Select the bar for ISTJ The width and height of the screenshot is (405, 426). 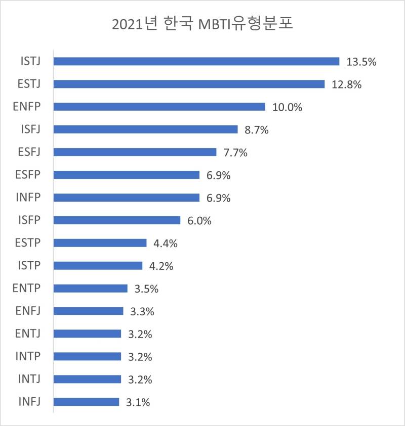(x=196, y=61)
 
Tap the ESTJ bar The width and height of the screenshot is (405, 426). (x=189, y=84)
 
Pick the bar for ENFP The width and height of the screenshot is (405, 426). (x=159, y=107)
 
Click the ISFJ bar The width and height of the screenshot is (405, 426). (x=145, y=129)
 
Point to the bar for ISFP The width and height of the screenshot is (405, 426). (x=116, y=220)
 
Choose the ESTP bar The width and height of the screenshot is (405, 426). (x=100, y=243)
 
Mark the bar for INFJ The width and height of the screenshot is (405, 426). (x=86, y=402)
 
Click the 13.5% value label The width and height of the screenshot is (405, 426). (x=361, y=62)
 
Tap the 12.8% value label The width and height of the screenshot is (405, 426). (x=347, y=84)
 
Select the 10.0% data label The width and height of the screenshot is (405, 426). (x=287, y=107)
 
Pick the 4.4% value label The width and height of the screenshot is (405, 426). (x=166, y=244)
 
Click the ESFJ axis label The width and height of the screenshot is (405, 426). (x=28, y=152)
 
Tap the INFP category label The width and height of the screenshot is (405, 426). (x=29, y=198)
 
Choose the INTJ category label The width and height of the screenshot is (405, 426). (x=29, y=379)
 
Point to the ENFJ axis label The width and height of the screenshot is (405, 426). (x=28, y=311)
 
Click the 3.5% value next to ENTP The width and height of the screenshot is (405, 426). (x=147, y=289)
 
